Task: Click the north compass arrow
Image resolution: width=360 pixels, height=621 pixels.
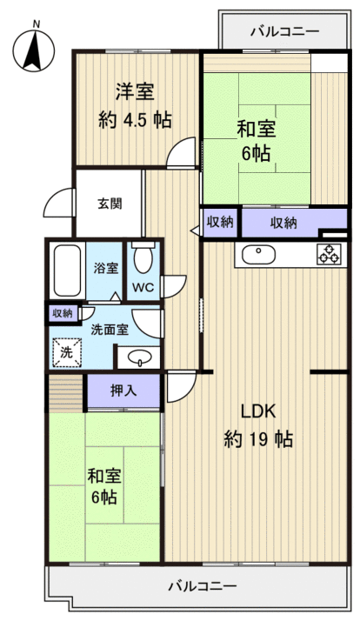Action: [x=33, y=50]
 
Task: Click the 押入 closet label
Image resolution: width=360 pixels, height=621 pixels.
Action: [x=123, y=391]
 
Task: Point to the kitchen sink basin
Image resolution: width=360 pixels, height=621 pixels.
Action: [x=257, y=255]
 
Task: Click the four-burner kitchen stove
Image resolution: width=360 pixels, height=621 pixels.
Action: [x=330, y=254]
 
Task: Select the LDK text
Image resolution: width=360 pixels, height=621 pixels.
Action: [x=258, y=411]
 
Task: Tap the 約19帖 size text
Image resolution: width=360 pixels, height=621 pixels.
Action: [x=258, y=438]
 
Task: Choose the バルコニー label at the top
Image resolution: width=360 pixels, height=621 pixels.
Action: [x=284, y=31]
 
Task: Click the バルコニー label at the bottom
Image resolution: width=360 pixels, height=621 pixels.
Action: [x=201, y=585]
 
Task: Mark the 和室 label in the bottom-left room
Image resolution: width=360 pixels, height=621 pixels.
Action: [x=103, y=476]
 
